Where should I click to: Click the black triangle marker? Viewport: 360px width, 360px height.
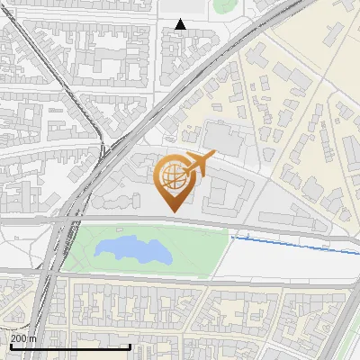[x=181, y=24]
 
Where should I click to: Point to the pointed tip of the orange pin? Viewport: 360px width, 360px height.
[x=173, y=211]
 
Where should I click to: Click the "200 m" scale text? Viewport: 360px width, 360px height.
[x=23, y=338]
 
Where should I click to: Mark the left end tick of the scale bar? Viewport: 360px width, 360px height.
[x=11, y=345]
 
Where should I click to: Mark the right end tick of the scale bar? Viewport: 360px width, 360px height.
[x=130, y=345]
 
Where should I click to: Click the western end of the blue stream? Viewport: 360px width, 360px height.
[x=232, y=237]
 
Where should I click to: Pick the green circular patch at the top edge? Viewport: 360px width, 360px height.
[x=223, y=5]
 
